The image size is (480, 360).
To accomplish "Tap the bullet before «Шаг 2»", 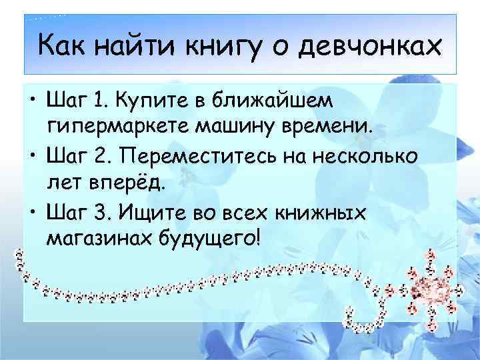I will point(31,157).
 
